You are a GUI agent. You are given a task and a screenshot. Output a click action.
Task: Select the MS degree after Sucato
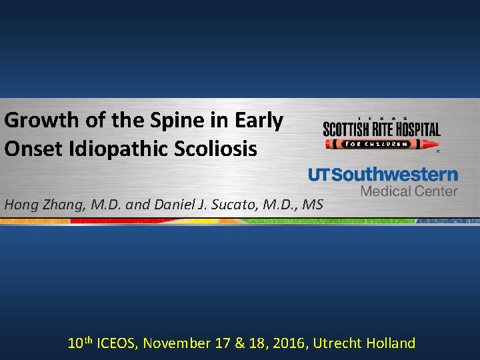tap(311, 204)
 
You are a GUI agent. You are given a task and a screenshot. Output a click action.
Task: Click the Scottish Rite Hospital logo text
tap(381, 129)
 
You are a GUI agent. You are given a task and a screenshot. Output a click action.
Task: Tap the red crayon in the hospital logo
tap(381, 144)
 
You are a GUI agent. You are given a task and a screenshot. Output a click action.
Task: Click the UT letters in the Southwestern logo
tap(319, 175)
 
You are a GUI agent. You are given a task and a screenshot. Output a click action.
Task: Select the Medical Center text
tap(409, 191)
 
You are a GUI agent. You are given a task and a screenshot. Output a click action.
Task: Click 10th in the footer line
tap(81, 343)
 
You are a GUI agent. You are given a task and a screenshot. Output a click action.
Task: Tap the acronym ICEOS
tap(117, 343)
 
